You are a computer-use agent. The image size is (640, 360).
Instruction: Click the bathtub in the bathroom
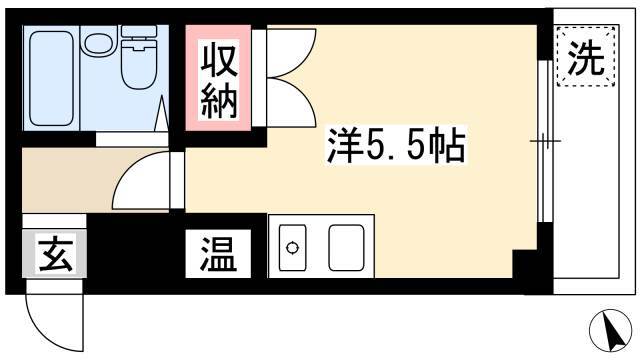tap(51, 78)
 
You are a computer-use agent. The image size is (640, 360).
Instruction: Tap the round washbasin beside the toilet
tap(99, 41)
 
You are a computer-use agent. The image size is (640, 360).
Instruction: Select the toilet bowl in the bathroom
tap(139, 69)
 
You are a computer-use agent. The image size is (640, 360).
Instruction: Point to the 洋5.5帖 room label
tap(396, 145)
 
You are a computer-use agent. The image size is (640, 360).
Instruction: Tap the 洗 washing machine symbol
tap(586, 56)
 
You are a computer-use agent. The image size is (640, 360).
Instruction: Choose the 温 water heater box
tap(218, 253)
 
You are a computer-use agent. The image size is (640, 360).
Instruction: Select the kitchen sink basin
tap(346, 248)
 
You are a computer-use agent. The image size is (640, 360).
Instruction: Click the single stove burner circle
tap(292, 248)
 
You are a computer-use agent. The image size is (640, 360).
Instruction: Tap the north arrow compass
tap(611, 330)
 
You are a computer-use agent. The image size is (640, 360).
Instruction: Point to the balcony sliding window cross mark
tap(545, 141)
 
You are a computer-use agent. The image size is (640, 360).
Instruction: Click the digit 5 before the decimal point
tap(376, 146)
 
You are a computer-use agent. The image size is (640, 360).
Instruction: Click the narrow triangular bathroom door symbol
tap(163, 113)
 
